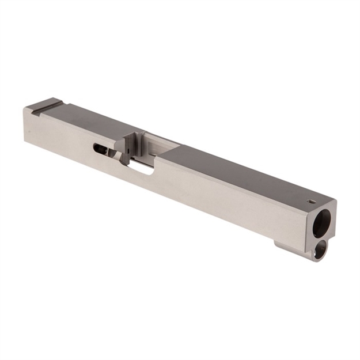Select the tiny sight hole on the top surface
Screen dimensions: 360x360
(312, 202)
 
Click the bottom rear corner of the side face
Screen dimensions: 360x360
(25, 140)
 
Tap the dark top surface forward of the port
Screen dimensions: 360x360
(242, 173)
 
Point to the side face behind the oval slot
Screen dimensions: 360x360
(58, 135)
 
